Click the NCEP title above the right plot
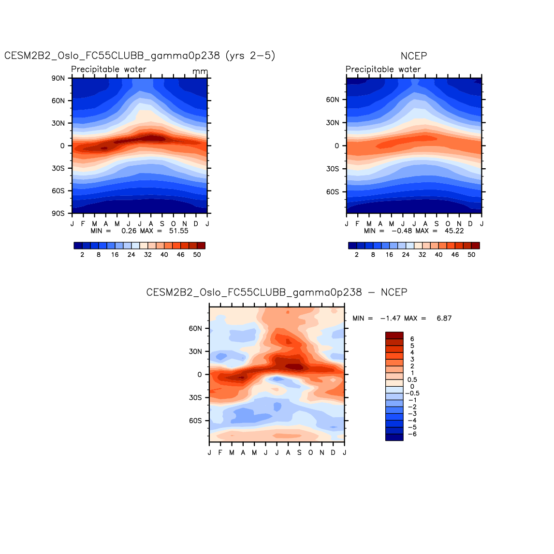414,56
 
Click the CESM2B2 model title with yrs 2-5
140,56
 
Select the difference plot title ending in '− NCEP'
277,292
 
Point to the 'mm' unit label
200,72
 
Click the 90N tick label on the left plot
58,78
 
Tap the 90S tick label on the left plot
58,213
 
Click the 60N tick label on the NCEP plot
333,100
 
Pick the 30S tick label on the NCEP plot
333,169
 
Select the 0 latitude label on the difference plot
200,375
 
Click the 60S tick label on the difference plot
195,421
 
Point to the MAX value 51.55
178,231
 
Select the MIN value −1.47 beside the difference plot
391,319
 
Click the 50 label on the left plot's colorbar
197,255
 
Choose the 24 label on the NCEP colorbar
406,255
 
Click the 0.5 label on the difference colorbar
412,380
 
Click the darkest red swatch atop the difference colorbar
394,335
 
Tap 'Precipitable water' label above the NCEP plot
383,70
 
